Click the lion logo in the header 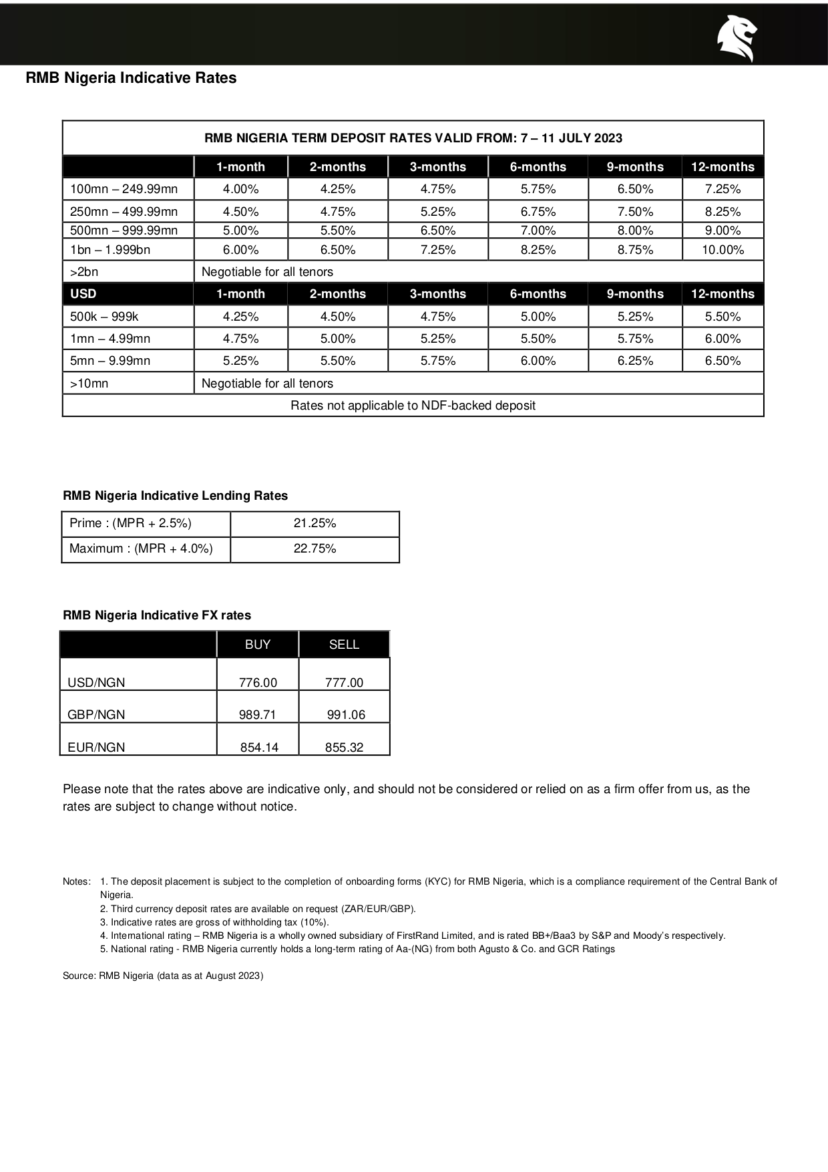point(737,37)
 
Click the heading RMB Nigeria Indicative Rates point(131,78)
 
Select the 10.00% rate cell point(722,250)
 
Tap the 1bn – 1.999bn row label point(110,250)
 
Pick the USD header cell point(83,294)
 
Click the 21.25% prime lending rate point(315,523)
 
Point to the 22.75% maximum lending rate point(315,549)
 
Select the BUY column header point(258,644)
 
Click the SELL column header point(344,644)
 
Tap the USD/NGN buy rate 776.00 point(258,682)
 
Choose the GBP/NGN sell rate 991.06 point(346,714)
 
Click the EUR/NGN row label point(96,747)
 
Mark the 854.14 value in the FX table point(259,747)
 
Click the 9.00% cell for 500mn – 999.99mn point(722,231)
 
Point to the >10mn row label point(89,384)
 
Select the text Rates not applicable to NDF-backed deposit point(413,406)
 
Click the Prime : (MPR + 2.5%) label point(130,523)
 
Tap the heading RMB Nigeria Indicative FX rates point(157,615)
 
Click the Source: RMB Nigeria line point(163,976)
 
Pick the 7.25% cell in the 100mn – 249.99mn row point(722,189)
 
